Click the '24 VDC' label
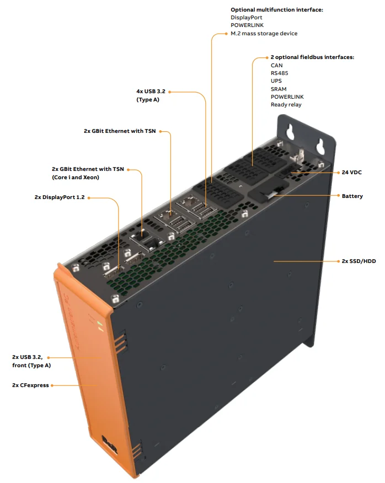coord(352,173)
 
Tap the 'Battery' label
coord(352,196)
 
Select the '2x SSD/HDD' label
coord(359,261)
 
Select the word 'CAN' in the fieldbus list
coord(276,65)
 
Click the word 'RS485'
coord(279,73)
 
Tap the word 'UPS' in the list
coord(276,81)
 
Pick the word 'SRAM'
coord(279,89)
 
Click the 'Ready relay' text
coord(286,105)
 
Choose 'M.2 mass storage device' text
coord(264,34)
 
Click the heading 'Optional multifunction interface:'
coord(276,10)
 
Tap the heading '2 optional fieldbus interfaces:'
coord(312,57)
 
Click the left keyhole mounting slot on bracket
coord(290,133)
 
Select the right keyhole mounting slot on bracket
coord(319,144)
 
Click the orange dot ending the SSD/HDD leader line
coord(274,261)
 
